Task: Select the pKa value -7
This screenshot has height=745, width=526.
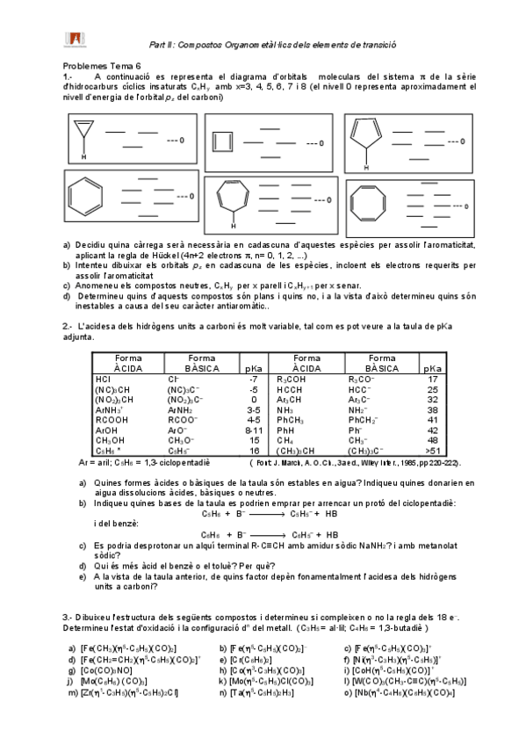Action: [254, 379]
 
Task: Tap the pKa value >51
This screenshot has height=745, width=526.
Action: [431, 448]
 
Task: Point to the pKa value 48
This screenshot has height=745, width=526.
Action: [431, 438]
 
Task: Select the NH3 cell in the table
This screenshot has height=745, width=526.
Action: [284, 409]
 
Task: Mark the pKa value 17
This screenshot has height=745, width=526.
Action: [431, 379]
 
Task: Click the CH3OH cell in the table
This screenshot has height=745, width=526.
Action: [109, 438]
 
